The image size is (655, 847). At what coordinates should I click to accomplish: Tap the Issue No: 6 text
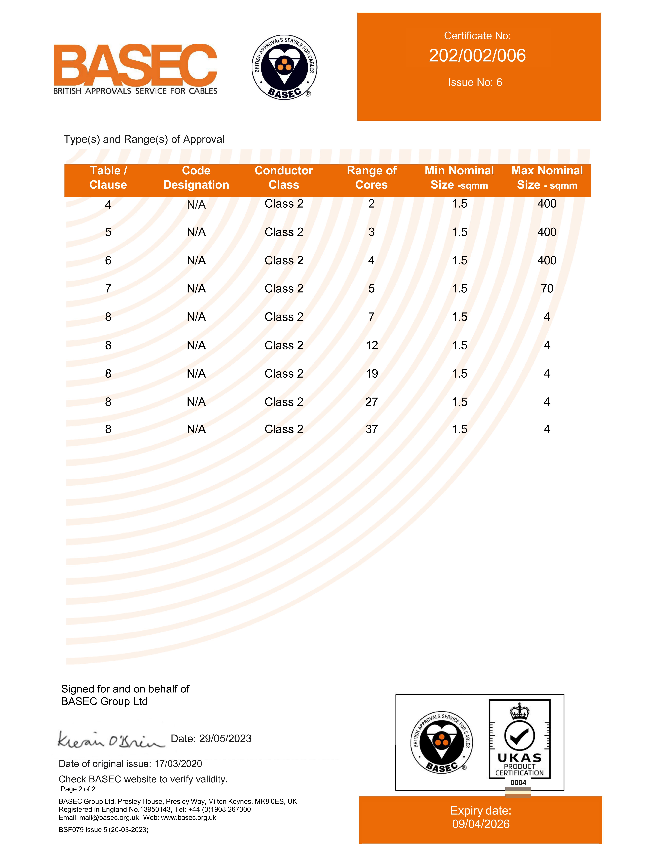pos(475,82)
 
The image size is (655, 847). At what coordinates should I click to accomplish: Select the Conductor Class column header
pos(284,178)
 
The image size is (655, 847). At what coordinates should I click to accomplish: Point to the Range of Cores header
pos(371,178)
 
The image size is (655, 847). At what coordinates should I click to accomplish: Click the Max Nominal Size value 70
pos(547,288)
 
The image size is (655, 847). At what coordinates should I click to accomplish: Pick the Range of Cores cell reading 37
pos(371,429)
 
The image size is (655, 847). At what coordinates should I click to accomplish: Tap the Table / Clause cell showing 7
pos(108,288)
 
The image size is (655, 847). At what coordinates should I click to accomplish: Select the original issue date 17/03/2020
pos(178,764)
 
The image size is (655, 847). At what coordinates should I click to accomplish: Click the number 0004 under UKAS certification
pos(518,783)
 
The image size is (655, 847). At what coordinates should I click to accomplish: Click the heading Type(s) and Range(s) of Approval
pos(144,139)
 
